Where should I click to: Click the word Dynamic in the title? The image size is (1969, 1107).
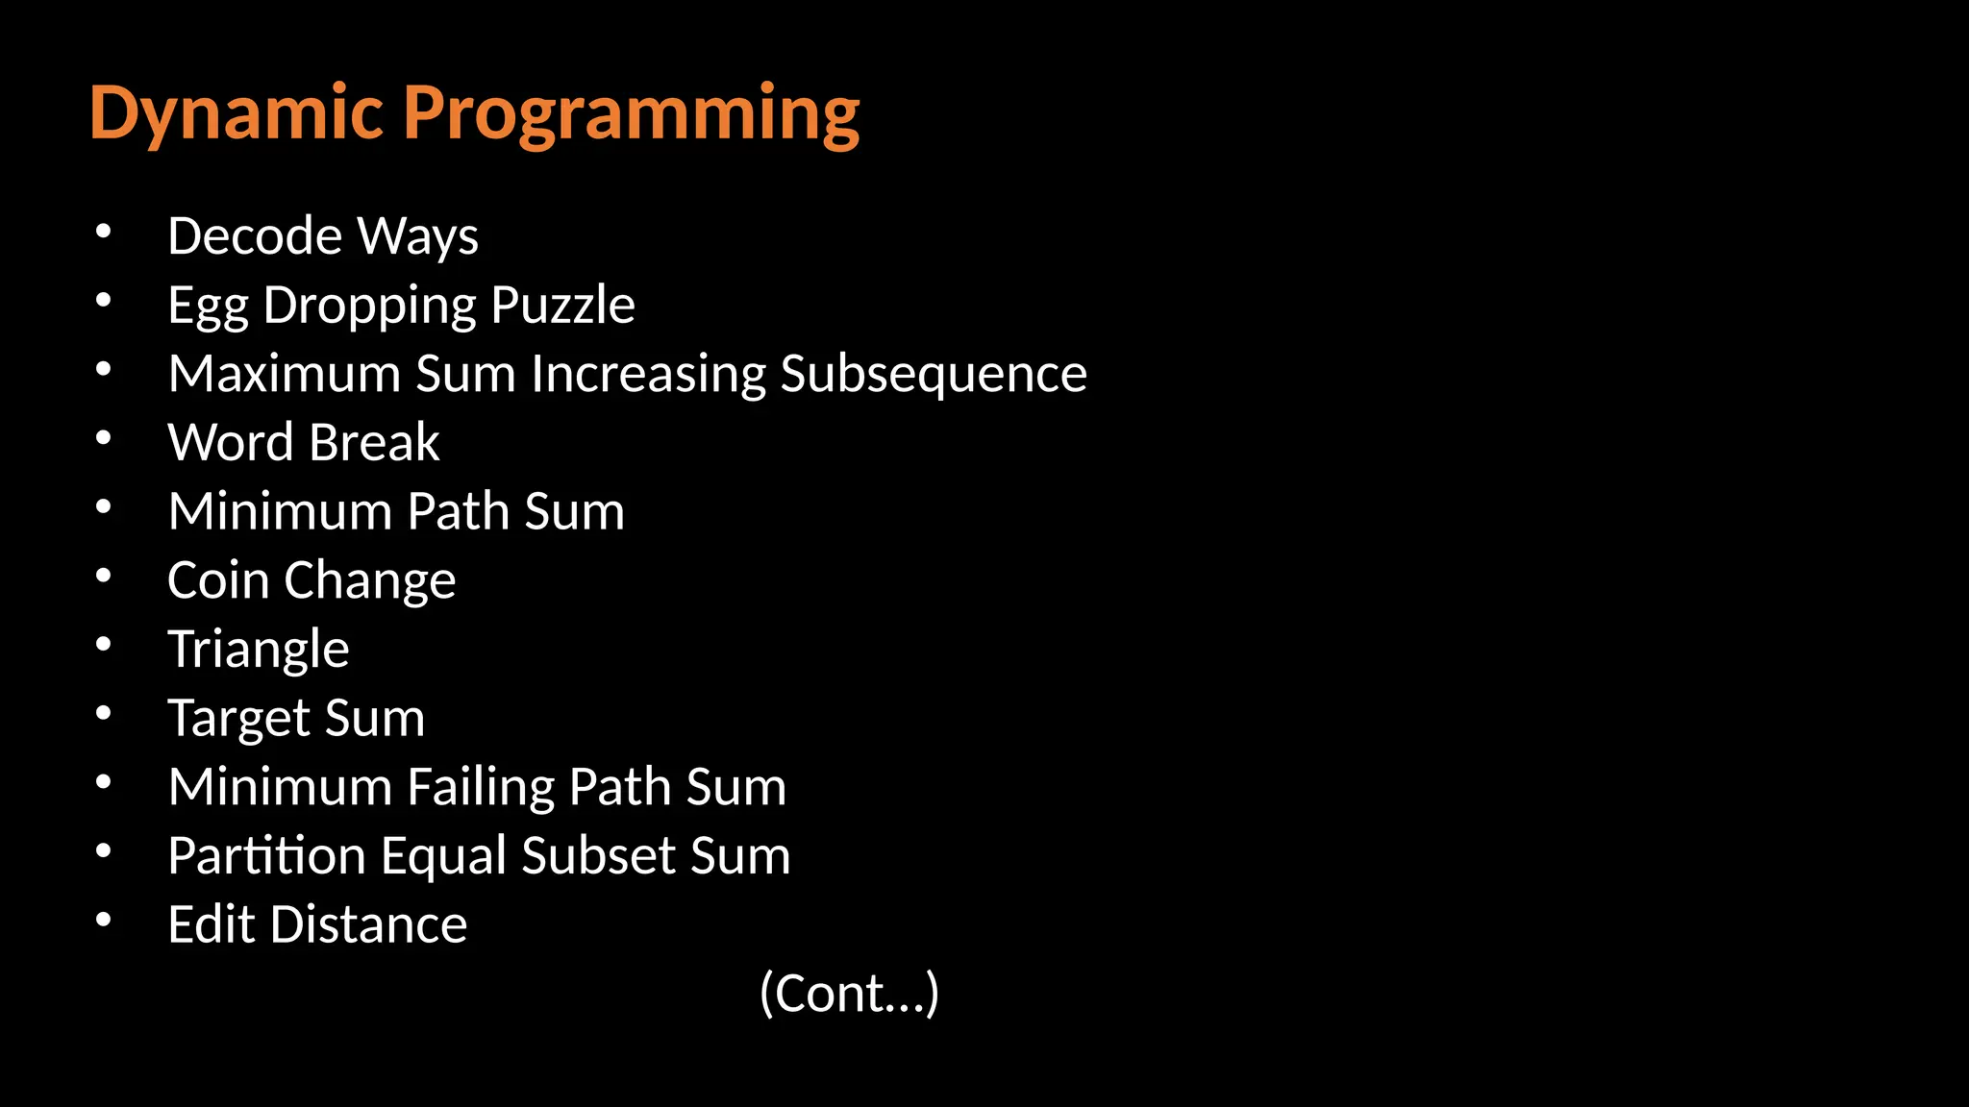pyautogui.click(x=237, y=113)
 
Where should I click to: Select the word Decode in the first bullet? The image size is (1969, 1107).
pyautogui.click(x=255, y=236)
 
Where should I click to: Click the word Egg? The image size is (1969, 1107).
pyautogui.click(x=208, y=306)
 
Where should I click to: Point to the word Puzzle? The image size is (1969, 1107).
pyautogui.click(x=562, y=306)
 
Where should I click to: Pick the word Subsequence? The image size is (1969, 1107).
pyautogui.click(x=934, y=374)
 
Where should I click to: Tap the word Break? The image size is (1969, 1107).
pyautogui.click(x=374, y=443)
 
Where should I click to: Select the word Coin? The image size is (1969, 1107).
pyautogui.click(x=218, y=580)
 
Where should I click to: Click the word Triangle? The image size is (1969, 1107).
pyautogui.click(x=259, y=649)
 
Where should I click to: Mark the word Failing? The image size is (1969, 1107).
pyautogui.click(x=481, y=787)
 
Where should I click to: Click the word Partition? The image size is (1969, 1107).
pyautogui.click(x=266, y=855)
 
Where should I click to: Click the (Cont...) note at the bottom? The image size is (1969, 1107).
pyautogui.click(x=849, y=993)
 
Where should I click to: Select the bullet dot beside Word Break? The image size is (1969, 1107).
pyautogui.click(x=104, y=439)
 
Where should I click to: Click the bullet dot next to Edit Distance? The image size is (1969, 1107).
pyautogui.click(x=104, y=921)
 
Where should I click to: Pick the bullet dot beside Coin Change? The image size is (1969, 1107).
pyautogui.click(x=104, y=577)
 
